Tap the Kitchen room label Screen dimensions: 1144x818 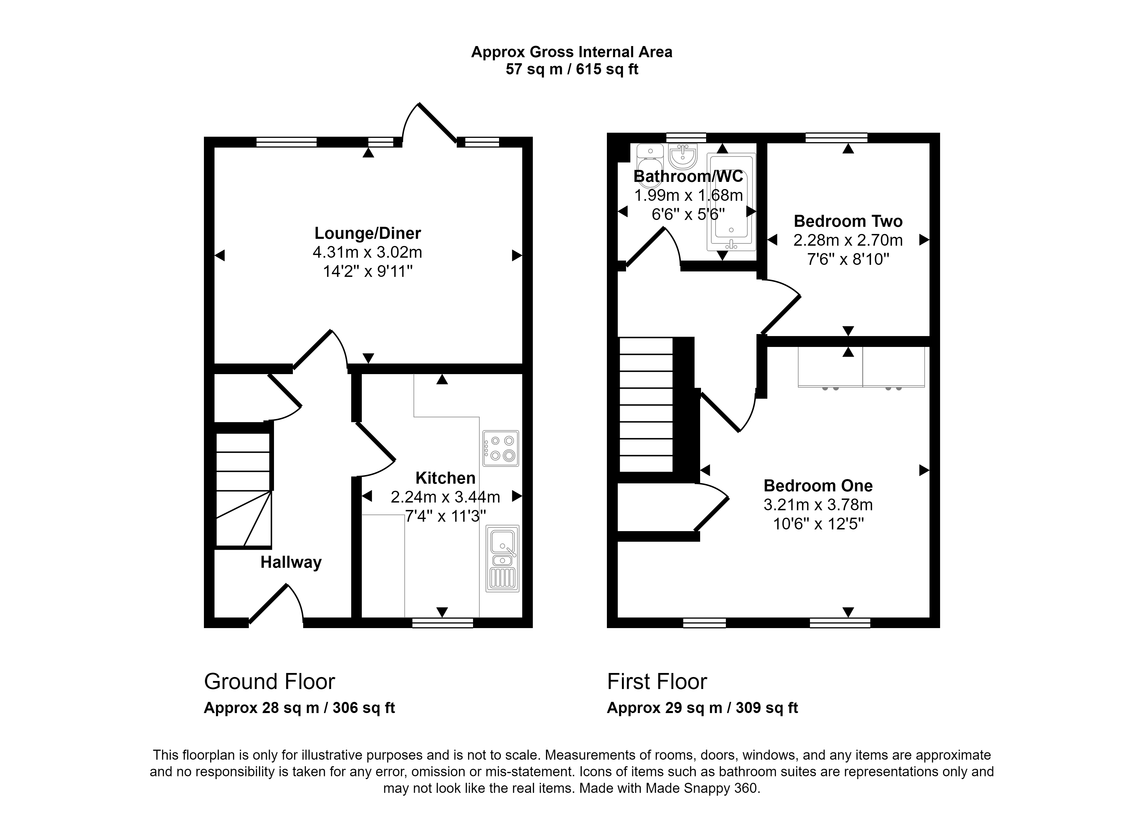[445, 478]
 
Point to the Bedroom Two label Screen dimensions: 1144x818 [848, 221]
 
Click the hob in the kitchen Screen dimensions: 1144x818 [500, 448]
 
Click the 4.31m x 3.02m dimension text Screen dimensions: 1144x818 [368, 252]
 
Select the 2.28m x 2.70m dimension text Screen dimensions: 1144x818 [848, 240]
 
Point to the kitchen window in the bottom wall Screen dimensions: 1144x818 [443, 623]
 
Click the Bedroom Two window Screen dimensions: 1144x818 [837, 138]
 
